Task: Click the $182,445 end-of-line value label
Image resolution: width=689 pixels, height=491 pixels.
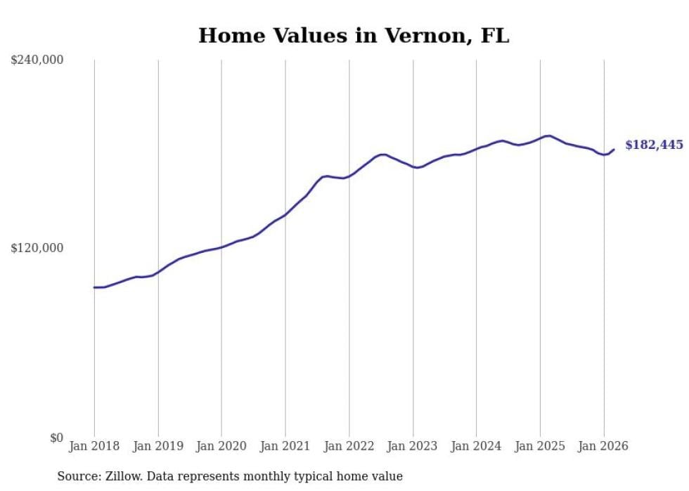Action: [654, 145]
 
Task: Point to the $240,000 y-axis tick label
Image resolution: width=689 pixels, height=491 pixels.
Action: [37, 60]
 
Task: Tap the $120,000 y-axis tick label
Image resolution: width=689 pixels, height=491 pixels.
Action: [37, 249]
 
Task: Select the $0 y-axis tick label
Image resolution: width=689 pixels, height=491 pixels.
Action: [56, 438]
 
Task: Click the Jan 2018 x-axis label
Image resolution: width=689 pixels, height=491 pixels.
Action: [94, 446]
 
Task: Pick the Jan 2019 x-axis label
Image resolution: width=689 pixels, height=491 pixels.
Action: [158, 446]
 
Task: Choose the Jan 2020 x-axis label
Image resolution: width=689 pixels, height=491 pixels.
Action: [221, 446]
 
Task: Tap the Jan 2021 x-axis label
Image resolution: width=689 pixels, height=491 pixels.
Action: [285, 446]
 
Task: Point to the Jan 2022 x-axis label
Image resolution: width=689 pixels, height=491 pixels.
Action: [349, 446]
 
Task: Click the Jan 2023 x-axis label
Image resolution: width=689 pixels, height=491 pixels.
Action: [413, 446]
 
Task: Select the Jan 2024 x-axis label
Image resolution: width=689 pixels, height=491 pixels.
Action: [476, 446]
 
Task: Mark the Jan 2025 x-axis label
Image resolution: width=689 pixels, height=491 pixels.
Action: [540, 446]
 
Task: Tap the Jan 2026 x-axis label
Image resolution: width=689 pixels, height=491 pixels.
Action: [603, 446]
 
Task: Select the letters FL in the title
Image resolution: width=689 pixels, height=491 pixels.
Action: [494, 36]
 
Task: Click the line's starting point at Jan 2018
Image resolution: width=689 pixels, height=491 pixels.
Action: [94, 287]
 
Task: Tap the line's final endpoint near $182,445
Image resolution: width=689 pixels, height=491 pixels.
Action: [614, 149]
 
